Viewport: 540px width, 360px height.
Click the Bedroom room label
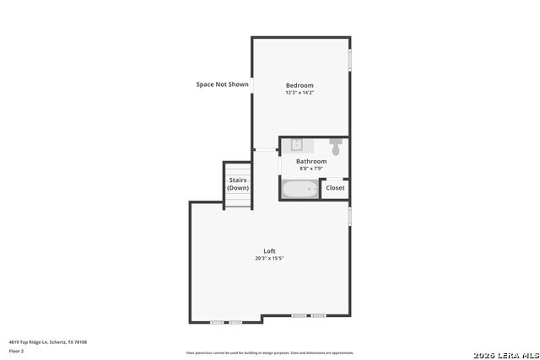click(x=300, y=85)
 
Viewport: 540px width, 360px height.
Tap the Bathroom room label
click(x=310, y=161)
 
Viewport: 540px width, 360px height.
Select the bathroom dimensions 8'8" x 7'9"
click(x=310, y=168)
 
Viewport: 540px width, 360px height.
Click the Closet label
click(x=335, y=188)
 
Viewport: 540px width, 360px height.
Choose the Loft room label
click(x=269, y=251)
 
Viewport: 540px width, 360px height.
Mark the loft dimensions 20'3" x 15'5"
click(x=269, y=258)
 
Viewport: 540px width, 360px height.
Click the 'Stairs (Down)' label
click(x=238, y=184)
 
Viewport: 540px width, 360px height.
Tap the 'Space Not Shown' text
click(x=223, y=84)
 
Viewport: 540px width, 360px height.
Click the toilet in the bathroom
click(x=336, y=148)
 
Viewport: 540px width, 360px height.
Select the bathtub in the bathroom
click(x=300, y=189)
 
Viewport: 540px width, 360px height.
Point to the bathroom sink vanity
click(x=298, y=144)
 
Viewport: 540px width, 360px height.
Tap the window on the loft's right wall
click(x=349, y=216)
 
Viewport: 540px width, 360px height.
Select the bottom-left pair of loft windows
click(x=226, y=322)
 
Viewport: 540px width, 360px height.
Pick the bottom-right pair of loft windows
click(x=309, y=315)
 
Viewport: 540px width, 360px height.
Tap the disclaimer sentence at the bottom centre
click(x=270, y=352)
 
